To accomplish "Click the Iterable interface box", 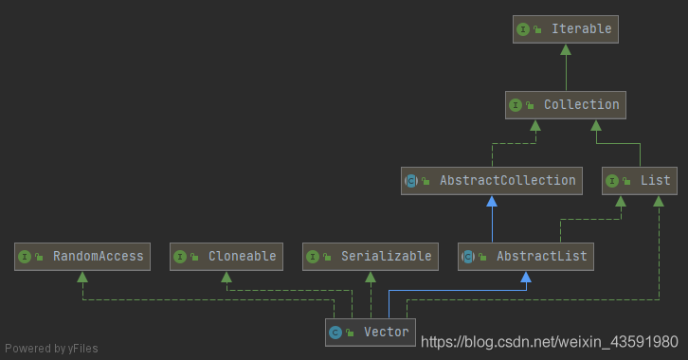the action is click(x=567, y=29).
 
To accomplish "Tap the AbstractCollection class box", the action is click(x=491, y=180).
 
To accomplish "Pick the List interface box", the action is click(x=640, y=180).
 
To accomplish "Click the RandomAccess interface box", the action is click(x=83, y=256).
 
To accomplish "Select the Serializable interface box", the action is click(x=371, y=256).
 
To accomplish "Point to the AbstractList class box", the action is click(x=525, y=256).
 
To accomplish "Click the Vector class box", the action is click(x=371, y=332).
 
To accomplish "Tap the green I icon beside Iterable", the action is click(x=523, y=29).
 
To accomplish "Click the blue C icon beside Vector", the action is click(x=335, y=333).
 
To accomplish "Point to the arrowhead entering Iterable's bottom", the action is click(x=567, y=48).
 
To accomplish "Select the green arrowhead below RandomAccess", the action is click(x=83, y=276).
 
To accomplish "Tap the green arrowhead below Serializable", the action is click(x=371, y=276).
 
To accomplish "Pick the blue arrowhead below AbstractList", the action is click(x=525, y=276).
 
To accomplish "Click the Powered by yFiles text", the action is click(x=50, y=348).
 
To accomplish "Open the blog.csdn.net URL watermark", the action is click(x=550, y=341).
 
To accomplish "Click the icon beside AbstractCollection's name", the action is click(x=411, y=181).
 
